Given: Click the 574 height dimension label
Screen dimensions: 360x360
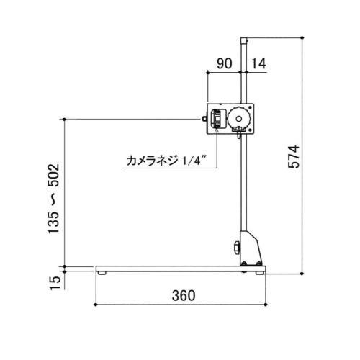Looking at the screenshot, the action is (294, 156).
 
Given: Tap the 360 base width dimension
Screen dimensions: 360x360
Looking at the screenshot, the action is (184, 295).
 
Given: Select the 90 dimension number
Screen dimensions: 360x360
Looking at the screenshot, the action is (225, 63).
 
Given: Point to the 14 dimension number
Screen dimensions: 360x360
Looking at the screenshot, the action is (258, 63).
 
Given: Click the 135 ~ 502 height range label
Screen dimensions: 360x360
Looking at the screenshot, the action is (53, 198).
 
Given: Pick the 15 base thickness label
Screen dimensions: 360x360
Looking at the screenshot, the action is (55, 283).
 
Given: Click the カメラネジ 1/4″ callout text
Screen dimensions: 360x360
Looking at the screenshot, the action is (166, 161).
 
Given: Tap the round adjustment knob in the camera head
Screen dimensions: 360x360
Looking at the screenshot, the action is (239, 118).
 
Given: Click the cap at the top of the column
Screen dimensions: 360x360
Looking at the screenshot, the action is (244, 40).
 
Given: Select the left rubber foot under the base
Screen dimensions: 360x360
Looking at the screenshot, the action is (102, 273).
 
